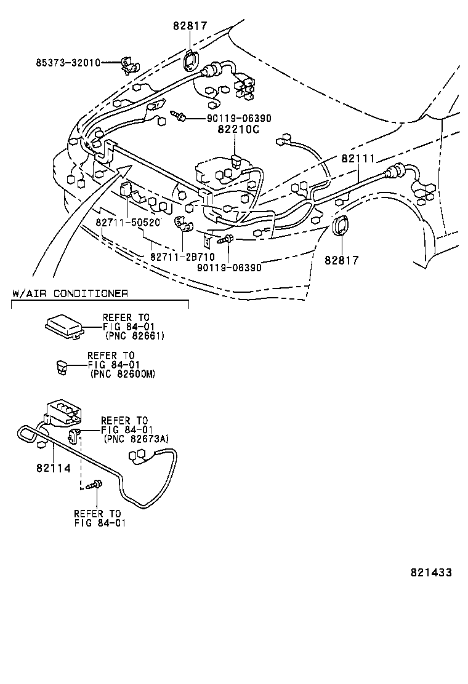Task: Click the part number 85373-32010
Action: click(x=68, y=63)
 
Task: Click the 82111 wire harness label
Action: click(x=358, y=158)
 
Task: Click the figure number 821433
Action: click(x=431, y=572)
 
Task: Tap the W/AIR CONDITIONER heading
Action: click(x=70, y=293)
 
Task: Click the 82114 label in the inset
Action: click(x=53, y=468)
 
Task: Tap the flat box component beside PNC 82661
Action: click(x=64, y=325)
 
